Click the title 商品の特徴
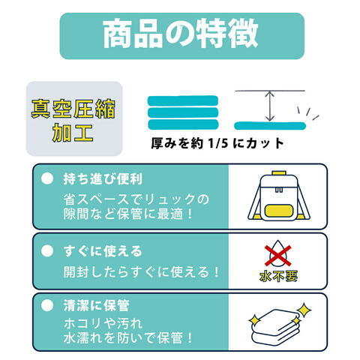pyautogui.click(x=181, y=34)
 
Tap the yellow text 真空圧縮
pyautogui.click(x=73, y=109)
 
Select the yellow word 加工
pyautogui.click(x=73, y=132)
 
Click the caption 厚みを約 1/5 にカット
pyautogui.click(x=217, y=143)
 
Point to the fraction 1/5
pyautogui.click(x=218, y=143)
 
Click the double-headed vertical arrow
pyautogui.click(x=269, y=106)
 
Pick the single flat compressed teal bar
pyautogui.click(x=270, y=126)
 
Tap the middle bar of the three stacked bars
pyautogui.click(x=183, y=112)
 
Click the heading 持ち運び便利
pyautogui.click(x=103, y=179)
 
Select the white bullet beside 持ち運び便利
pyautogui.click(x=47, y=178)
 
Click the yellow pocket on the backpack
pyautogui.click(x=279, y=211)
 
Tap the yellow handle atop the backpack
pyautogui.click(x=279, y=172)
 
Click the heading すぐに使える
pyautogui.click(x=103, y=251)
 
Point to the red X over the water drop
pyautogui.click(x=278, y=256)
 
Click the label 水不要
pyautogui.click(x=278, y=277)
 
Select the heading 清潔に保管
pyautogui.click(x=96, y=305)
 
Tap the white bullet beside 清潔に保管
pyautogui.click(x=47, y=305)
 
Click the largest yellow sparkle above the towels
pyautogui.click(x=304, y=310)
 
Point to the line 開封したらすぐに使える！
pyautogui.click(x=141, y=272)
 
